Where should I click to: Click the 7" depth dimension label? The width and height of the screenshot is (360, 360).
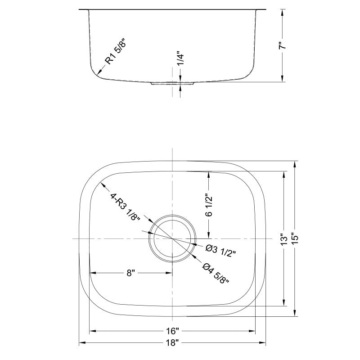(282, 45)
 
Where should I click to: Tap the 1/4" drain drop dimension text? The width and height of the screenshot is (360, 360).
(180, 59)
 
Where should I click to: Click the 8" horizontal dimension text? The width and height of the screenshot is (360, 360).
(131, 273)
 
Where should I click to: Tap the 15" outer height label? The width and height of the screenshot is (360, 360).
(296, 238)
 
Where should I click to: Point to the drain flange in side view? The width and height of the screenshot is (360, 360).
(172, 84)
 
